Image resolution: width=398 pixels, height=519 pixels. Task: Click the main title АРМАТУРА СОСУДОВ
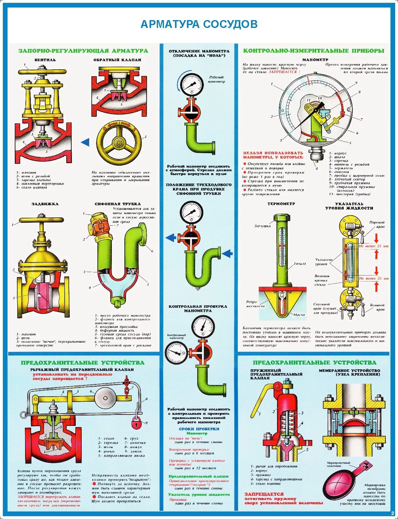coord(199,24)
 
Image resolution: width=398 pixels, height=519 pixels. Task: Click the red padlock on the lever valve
coord(136,423)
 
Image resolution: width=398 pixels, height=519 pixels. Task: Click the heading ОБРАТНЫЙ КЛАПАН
coord(117,60)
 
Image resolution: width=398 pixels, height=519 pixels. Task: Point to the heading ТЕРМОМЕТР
coord(281,204)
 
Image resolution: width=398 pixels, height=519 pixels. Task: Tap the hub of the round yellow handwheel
coord(119,142)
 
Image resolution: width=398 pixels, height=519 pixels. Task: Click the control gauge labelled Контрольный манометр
coord(176,353)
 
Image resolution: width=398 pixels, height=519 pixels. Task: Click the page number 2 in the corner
coord(392,513)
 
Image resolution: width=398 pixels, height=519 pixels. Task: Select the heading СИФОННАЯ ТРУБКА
coord(117,204)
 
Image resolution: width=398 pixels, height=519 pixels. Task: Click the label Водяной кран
coord(377,307)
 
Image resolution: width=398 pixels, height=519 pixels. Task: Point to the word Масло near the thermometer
coord(299,314)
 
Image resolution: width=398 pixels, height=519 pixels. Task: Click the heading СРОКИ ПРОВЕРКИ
coord(199,429)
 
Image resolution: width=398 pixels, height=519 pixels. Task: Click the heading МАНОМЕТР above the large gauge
coord(315,60)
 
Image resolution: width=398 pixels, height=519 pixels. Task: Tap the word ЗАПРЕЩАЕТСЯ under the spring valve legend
coord(264,494)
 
